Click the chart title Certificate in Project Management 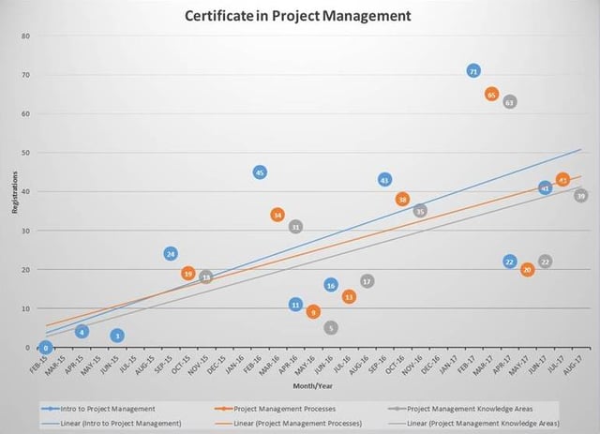click(x=297, y=16)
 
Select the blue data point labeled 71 click(x=473, y=71)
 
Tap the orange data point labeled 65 click(x=491, y=95)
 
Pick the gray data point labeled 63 click(x=509, y=102)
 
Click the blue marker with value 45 click(x=260, y=172)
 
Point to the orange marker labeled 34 click(x=277, y=215)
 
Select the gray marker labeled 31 click(x=295, y=227)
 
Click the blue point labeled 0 click(x=45, y=348)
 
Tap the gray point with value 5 click(x=331, y=328)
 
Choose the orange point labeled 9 click(x=313, y=312)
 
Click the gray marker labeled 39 click(x=581, y=196)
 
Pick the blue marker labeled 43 click(x=384, y=180)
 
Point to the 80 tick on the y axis click(x=25, y=36)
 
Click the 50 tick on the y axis click(x=25, y=153)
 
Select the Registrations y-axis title click(x=14, y=191)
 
